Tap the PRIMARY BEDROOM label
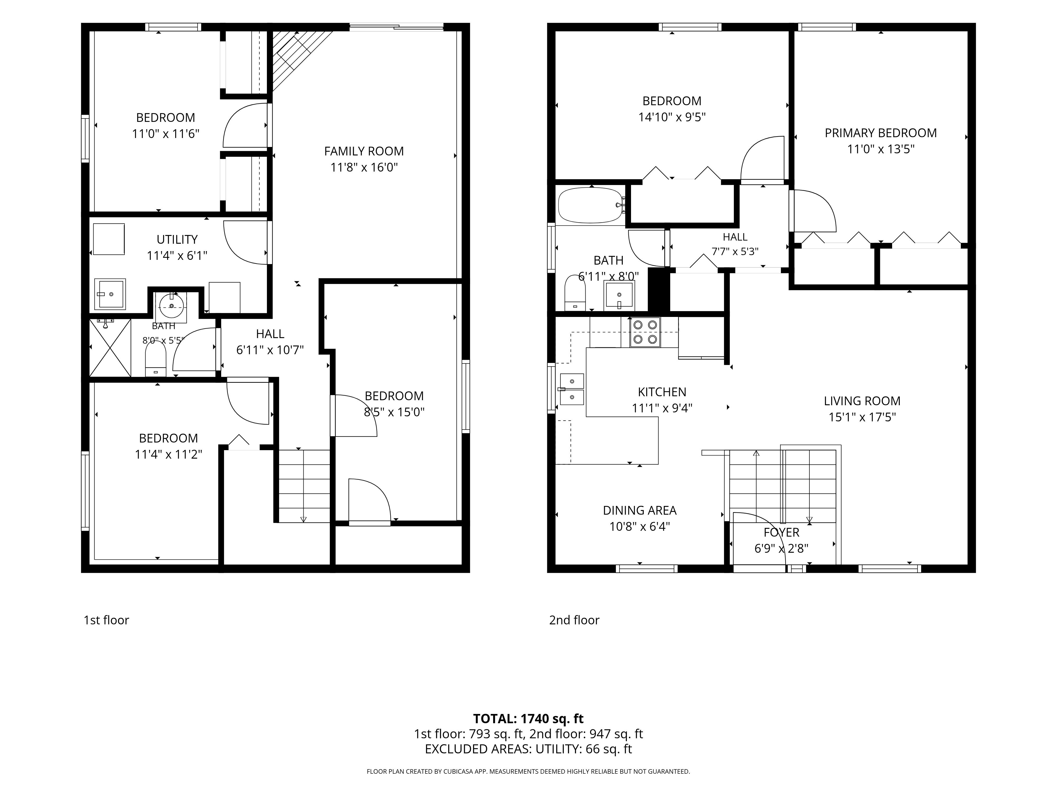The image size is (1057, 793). point(881,133)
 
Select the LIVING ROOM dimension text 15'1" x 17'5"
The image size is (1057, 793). point(862,417)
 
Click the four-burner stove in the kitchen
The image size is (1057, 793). point(645,332)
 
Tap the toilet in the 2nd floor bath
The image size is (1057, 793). point(575,293)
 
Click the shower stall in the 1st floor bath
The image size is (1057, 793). point(110,348)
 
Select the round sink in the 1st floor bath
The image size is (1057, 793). point(171,306)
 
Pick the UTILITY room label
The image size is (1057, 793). point(177,239)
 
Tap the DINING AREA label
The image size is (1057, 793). point(640,510)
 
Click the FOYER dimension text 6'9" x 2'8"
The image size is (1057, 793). point(781,549)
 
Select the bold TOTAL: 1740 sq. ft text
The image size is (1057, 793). point(528,719)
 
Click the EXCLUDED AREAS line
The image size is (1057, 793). point(528,749)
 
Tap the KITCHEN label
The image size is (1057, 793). point(662,392)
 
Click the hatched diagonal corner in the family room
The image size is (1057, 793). point(296,57)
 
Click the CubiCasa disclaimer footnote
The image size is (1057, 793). point(528,772)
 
